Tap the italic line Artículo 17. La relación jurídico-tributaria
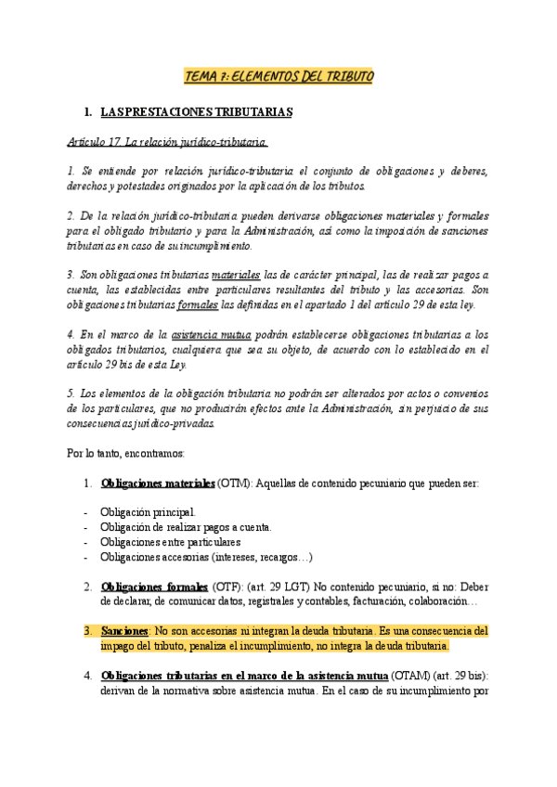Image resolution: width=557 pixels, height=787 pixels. [168, 142]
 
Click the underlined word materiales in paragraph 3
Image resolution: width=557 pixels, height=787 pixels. [237, 276]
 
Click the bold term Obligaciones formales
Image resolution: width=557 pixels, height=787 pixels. [154, 587]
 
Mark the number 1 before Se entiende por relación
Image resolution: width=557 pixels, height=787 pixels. [71, 172]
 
